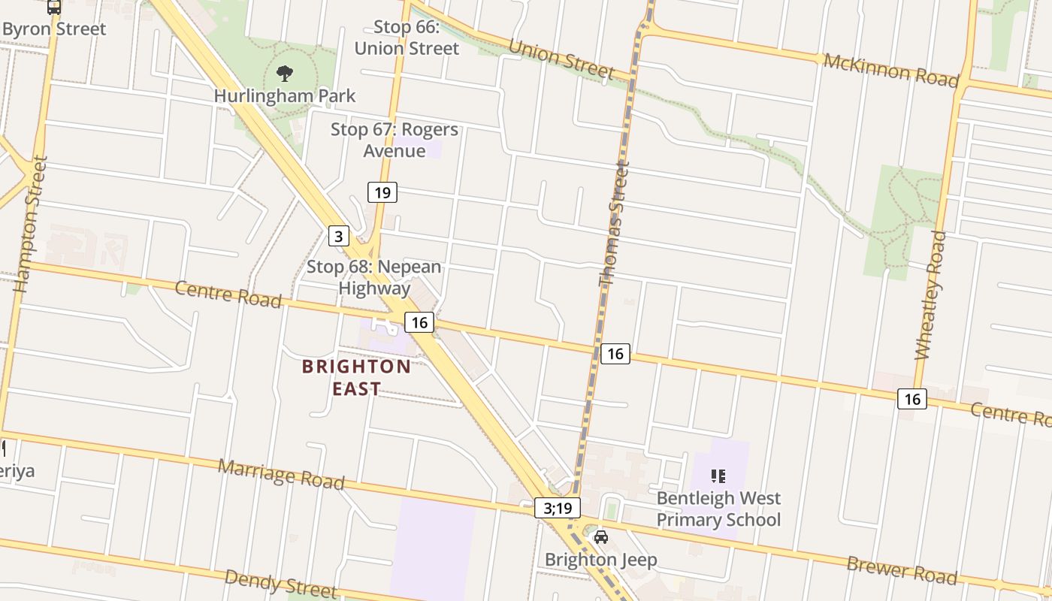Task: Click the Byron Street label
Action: (54, 29)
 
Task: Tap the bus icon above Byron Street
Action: (53, 7)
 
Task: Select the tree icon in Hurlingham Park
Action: (285, 74)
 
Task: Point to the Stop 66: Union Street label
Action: (407, 38)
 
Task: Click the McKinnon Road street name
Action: (891, 69)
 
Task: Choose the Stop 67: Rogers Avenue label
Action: (394, 140)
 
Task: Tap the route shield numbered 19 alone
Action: (382, 192)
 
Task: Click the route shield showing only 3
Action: (339, 237)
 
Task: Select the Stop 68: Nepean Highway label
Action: (374, 277)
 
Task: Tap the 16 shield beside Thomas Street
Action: (615, 353)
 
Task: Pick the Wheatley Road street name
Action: (930, 295)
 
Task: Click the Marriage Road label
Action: (281, 474)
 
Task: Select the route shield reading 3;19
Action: (558, 508)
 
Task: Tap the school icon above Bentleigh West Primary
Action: (718, 476)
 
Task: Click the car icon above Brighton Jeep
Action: (600, 537)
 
